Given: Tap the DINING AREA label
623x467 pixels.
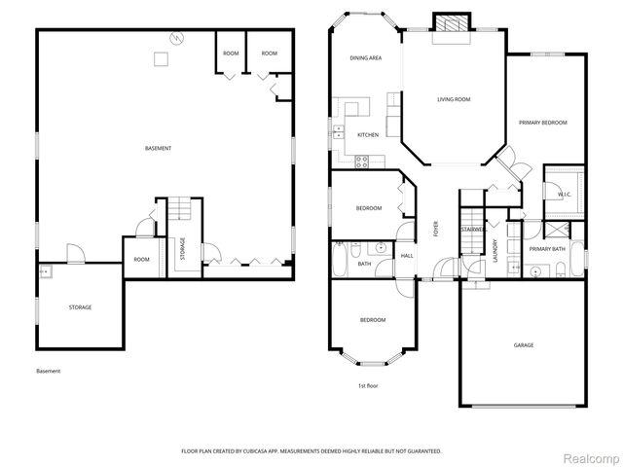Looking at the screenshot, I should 365,58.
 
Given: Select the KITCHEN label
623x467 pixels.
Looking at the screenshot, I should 368,134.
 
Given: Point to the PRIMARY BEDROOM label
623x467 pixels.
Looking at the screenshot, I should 542,123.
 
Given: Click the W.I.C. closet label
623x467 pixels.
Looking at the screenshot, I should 564,195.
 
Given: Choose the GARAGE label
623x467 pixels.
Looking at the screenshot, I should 525,345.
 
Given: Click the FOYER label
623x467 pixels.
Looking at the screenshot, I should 436,230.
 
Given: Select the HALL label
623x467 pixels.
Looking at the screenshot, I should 407,256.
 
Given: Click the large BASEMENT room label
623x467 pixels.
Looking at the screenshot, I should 158,148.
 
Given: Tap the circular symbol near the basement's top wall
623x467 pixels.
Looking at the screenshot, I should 176,38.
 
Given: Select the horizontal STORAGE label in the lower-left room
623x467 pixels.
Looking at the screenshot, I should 80,307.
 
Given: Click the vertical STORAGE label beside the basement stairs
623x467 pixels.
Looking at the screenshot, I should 182,249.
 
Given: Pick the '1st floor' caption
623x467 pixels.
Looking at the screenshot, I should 368,386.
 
